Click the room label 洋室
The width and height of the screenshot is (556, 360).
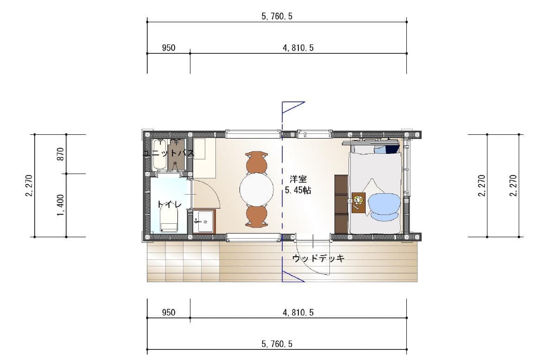(298, 179)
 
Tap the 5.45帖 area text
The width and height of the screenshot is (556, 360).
(298, 190)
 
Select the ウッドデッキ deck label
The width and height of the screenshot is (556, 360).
(318, 259)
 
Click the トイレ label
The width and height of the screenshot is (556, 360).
(170, 204)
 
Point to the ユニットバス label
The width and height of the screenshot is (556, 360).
(169, 153)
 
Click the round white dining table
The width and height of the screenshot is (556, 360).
(256, 189)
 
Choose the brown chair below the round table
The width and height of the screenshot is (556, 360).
(256, 216)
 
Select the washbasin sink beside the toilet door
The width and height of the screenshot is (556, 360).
(204, 221)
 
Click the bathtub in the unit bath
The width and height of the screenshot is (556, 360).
(159, 154)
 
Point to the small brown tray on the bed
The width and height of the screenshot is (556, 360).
(359, 202)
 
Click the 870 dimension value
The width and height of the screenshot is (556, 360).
(61, 154)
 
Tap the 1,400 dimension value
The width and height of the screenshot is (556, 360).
(61, 205)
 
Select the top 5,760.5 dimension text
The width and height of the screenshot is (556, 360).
(277, 16)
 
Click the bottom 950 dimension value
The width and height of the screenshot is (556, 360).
(169, 312)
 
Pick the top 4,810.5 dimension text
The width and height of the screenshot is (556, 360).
(298, 48)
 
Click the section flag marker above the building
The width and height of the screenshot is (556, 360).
(293, 107)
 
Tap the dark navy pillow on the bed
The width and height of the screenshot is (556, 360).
(393, 149)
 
